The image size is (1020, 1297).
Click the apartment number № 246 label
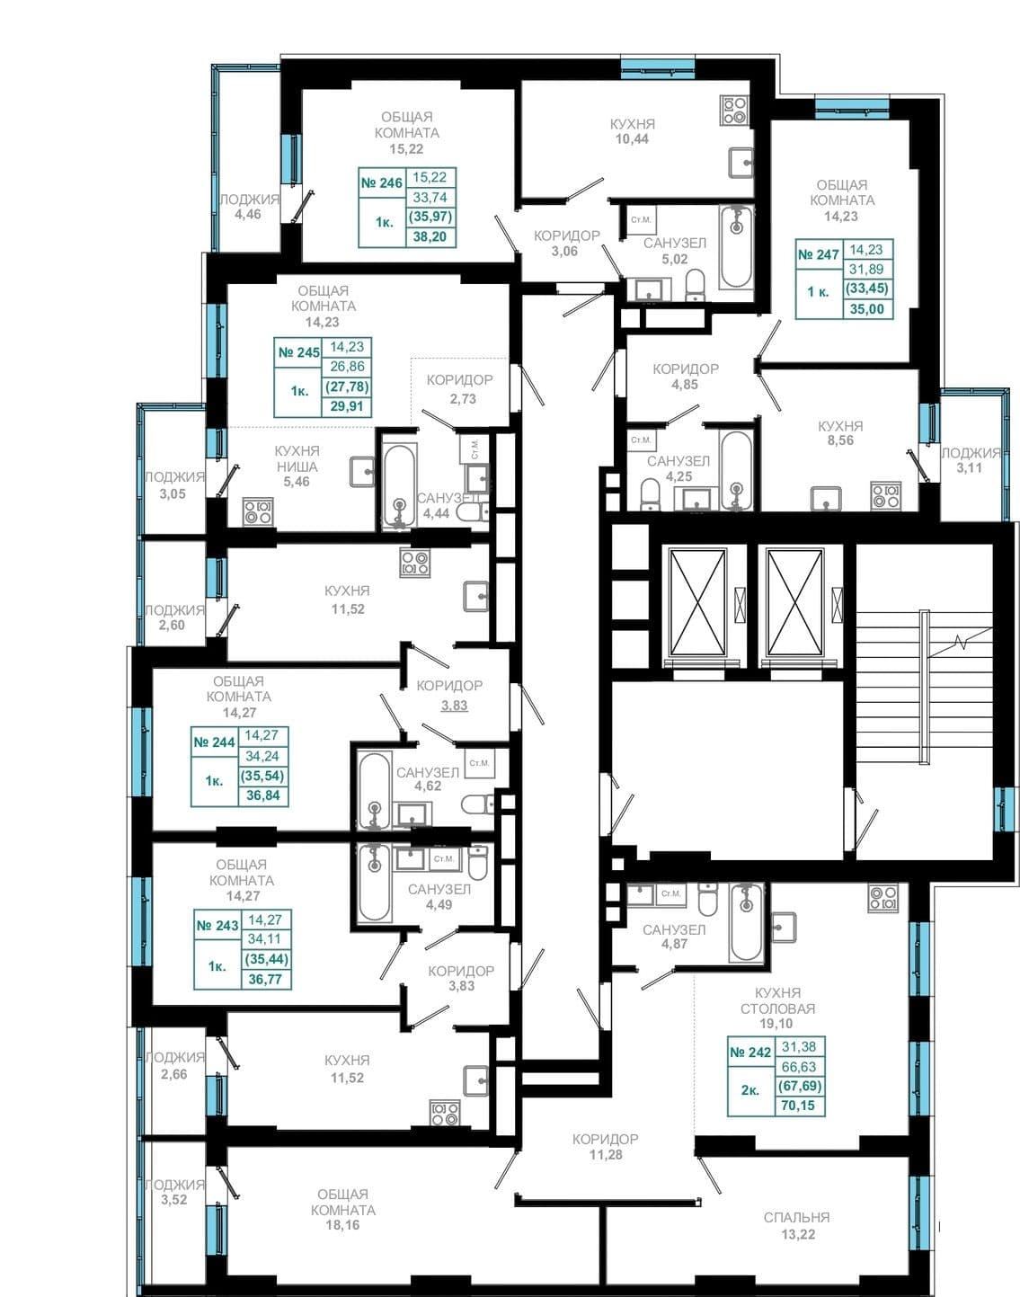(x=382, y=182)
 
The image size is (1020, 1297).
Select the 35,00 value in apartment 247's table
(x=867, y=310)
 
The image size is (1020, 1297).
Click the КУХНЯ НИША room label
(x=297, y=458)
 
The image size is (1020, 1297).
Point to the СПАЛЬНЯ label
(x=796, y=1217)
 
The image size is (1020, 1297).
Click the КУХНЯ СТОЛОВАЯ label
(x=777, y=1000)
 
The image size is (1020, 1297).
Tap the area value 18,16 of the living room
(x=342, y=1225)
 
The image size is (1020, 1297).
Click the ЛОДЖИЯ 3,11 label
(x=970, y=460)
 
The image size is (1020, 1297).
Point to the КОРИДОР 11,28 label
(x=605, y=1147)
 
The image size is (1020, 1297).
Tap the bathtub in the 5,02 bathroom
(x=736, y=246)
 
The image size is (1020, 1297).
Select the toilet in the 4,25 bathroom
(x=649, y=494)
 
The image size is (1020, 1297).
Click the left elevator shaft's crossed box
(x=697, y=602)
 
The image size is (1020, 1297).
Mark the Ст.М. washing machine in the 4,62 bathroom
(x=479, y=763)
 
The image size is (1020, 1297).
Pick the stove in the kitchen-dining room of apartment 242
(x=883, y=897)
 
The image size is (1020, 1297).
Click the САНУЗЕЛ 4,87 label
(x=674, y=937)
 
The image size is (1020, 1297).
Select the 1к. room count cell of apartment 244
(x=214, y=781)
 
